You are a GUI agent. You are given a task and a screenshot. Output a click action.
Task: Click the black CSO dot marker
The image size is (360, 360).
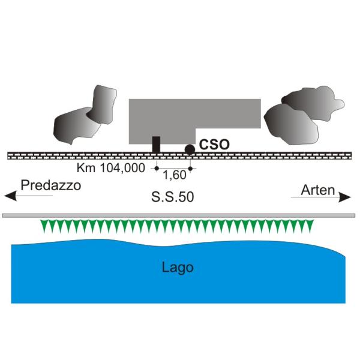tap(190, 149)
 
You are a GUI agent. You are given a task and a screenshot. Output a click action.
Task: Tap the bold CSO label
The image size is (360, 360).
tap(214, 145)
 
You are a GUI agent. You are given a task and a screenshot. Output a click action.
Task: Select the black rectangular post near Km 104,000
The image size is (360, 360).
tap(156, 145)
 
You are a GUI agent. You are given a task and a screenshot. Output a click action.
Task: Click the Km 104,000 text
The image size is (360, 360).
tap(111, 168)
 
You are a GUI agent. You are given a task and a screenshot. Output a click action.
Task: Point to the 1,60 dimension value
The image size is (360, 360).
tap(175, 175)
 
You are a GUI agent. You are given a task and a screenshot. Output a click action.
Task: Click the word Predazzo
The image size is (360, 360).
tap(51, 185)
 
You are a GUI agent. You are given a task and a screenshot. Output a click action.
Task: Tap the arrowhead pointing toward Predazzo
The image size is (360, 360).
tap(10, 196)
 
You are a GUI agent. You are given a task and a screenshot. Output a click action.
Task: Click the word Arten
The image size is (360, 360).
tap(318, 190)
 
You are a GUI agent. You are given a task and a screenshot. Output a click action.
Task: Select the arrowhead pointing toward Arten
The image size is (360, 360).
tap(345, 197)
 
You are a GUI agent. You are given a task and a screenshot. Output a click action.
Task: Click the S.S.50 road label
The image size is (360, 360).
tap(173, 197)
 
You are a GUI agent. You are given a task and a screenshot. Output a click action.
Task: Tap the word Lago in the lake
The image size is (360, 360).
tap(178, 268)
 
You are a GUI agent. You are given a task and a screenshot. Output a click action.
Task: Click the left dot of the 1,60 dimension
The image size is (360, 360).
tap(157, 169)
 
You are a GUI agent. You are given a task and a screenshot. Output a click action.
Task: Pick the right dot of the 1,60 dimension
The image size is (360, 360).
tap(190, 169)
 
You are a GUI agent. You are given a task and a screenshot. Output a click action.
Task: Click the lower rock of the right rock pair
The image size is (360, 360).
tap(291, 124)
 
